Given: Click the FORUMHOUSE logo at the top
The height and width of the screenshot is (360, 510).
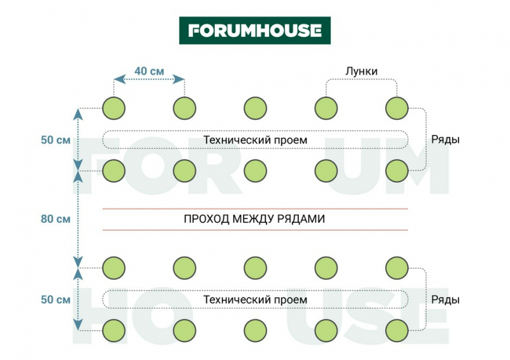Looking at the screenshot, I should point(254,30).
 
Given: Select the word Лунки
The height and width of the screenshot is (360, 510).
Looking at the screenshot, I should point(361,71).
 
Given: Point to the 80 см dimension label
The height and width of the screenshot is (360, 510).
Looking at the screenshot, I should point(55,219).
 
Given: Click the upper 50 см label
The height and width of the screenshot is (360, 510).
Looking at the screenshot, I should point(55,140).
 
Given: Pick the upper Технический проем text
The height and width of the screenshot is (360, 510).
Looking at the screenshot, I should point(255,140).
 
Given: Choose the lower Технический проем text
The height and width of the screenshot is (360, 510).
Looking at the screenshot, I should point(255,299).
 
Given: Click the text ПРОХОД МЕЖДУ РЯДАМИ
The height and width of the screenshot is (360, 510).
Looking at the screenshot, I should point(254,219).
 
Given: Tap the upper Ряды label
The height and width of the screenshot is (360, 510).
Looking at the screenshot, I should point(446,140).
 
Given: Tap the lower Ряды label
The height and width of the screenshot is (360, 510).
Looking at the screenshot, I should point(446,299).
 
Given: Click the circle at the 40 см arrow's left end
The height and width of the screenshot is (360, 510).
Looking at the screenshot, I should point(113,107).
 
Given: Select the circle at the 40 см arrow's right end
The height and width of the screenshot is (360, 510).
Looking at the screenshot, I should point(184,107).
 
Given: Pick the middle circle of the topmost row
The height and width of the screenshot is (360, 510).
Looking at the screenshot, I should point(255,107).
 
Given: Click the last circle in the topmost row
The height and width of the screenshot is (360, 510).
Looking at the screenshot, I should point(397,107).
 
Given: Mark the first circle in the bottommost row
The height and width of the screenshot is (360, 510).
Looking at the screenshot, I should point(113,329).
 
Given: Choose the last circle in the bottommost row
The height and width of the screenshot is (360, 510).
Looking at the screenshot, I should point(397,329).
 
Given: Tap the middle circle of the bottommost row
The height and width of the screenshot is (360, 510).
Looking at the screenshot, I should point(255,329).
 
